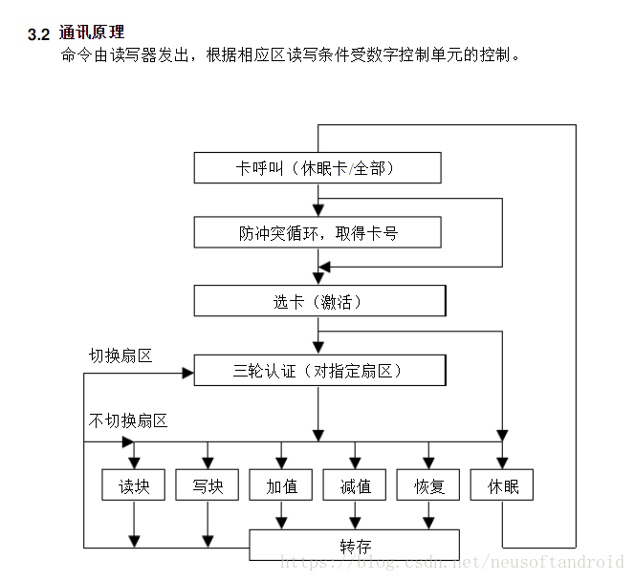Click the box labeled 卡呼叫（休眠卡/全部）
[317, 168]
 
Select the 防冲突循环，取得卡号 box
[317, 232]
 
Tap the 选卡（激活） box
[319, 301]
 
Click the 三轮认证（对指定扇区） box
[319, 370]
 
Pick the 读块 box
[133, 485]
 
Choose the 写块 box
[208, 485]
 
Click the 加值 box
[281, 485]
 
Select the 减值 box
[355, 485]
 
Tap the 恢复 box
[428, 485]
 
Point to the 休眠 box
[502, 485]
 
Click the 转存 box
[354, 546]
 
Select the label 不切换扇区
[128, 420]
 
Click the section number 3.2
[38, 34]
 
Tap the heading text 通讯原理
[92, 33]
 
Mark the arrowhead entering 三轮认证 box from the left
[187, 371]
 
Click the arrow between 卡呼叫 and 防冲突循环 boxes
[317, 204]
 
